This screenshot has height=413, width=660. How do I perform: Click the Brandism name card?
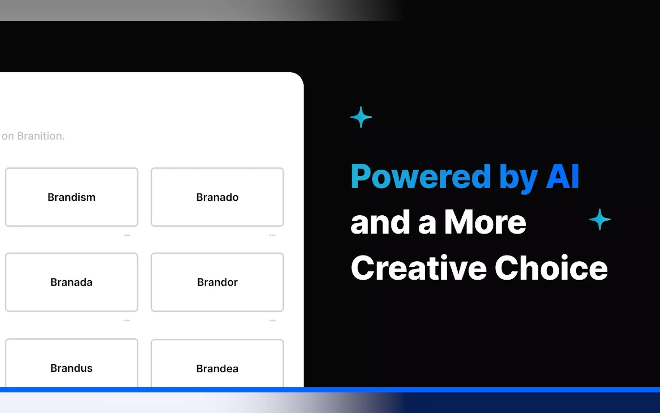tap(71, 197)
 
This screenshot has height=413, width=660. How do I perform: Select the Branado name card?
tap(217, 197)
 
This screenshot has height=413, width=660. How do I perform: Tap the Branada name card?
tap(71, 282)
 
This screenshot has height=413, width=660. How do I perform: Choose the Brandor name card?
tap(217, 282)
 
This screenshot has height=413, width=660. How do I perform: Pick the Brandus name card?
tap(71, 366)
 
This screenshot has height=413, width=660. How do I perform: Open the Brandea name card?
tap(217, 366)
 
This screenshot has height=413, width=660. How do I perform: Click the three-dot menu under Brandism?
tap(127, 235)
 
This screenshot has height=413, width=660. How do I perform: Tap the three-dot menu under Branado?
tap(272, 235)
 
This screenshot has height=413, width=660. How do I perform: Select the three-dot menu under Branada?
tap(127, 320)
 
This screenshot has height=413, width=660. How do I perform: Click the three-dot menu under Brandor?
tap(272, 320)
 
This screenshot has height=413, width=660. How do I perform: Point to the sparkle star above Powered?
tap(361, 117)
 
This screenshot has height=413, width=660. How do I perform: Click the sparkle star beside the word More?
tap(599, 219)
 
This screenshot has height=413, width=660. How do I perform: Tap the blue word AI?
tap(562, 177)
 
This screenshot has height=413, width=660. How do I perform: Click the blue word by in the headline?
tap(518, 178)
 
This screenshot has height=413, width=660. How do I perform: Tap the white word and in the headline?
tap(380, 223)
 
